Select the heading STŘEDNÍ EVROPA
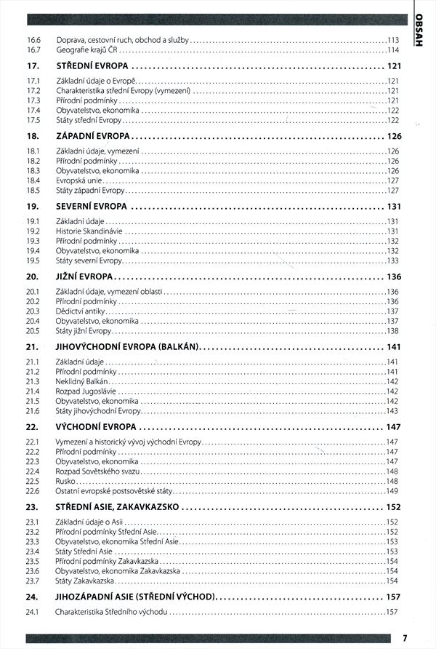pyautogui.click(x=92, y=67)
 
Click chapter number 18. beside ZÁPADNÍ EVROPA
pyautogui.click(x=32, y=137)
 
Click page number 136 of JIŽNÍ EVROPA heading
pyautogui.click(x=394, y=276)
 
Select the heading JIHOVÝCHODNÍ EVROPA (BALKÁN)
pyautogui.click(x=127, y=347)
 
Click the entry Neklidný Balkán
pyautogui.click(x=82, y=381)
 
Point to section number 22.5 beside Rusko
pyautogui.click(x=31, y=481)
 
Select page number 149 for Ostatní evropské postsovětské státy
pyautogui.click(x=392, y=491)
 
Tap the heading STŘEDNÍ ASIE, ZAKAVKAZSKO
pyautogui.click(x=117, y=507)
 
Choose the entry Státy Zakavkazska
pyautogui.click(x=86, y=581)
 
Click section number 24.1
pyautogui.click(x=31, y=612)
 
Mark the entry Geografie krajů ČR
pyautogui.click(x=87, y=49)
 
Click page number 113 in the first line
pyautogui.click(x=393, y=39)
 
